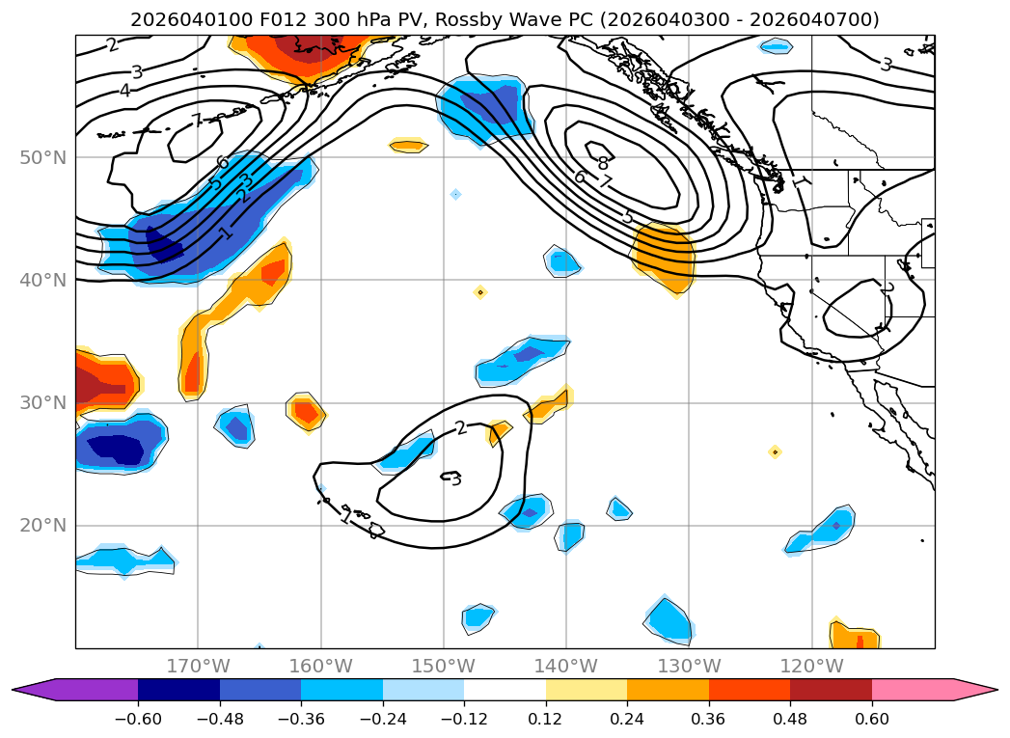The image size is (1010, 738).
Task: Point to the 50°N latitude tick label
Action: pyautogui.click(x=44, y=157)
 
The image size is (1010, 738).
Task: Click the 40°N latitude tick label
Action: pyautogui.click(x=44, y=280)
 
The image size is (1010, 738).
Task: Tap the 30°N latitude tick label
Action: pyautogui.click(x=44, y=402)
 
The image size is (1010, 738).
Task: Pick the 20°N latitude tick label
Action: pyautogui.click(x=44, y=526)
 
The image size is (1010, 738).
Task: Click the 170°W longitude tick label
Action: pyautogui.click(x=198, y=667)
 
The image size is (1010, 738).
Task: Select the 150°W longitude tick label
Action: pyautogui.click(x=443, y=667)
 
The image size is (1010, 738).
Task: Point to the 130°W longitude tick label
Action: pyautogui.click(x=689, y=667)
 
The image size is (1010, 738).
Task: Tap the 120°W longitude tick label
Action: pyautogui.click(x=811, y=667)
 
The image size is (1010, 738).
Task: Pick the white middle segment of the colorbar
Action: pyautogui.click(x=505, y=690)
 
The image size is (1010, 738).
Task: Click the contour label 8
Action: pyautogui.click(x=603, y=163)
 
